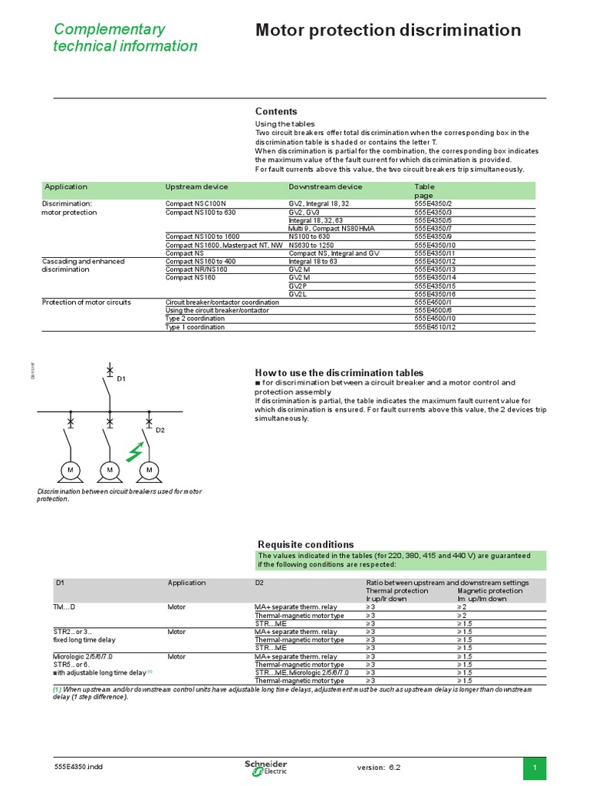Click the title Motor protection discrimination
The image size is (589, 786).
[x=387, y=31]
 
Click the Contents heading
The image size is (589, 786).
[x=276, y=111]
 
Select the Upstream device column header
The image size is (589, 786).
[x=196, y=187]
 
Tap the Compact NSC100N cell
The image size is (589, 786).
[x=196, y=203]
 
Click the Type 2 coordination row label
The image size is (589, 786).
[x=196, y=319]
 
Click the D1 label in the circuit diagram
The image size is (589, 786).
[x=121, y=379]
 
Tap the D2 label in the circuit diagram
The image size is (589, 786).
[x=160, y=431]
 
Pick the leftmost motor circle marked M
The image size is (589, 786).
[x=71, y=469]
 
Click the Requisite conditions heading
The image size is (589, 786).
[x=305, y=544]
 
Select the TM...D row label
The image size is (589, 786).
[x=64, y=607]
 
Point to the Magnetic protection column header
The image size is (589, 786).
[x=489, y=590]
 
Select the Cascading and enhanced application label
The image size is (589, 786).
[x=83, y=262]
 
